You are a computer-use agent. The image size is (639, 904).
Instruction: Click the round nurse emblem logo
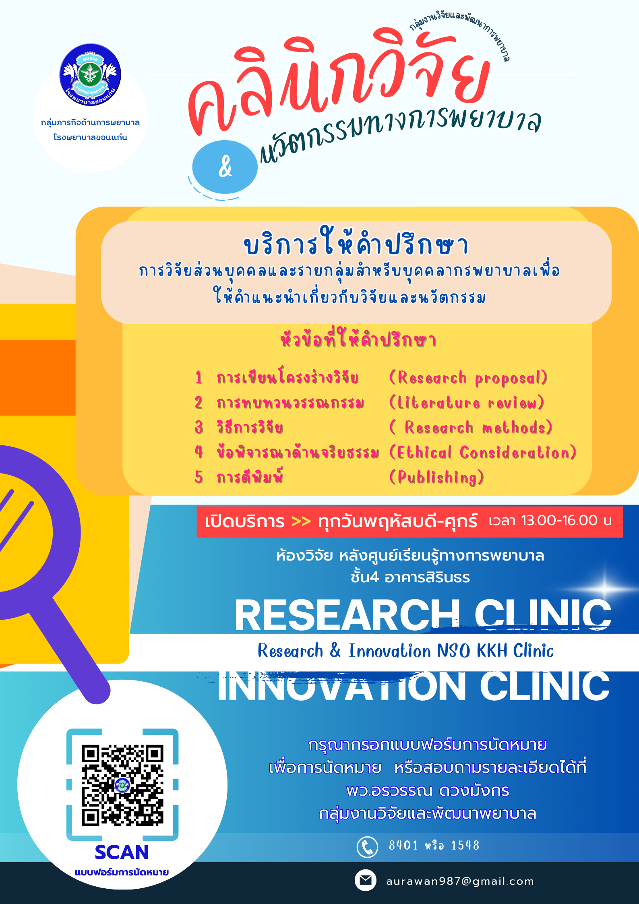point(90,75)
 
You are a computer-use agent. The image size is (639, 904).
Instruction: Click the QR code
point(122,785)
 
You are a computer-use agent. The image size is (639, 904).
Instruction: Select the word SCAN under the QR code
point(122,852)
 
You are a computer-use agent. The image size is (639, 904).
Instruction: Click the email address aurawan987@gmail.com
point(460,881)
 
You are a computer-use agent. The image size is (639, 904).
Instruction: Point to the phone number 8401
point(403,845)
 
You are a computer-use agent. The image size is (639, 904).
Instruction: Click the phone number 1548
point(465,845)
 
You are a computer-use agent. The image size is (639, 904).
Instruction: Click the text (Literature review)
point(467,403)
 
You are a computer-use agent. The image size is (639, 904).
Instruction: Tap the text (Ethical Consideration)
point(483,452)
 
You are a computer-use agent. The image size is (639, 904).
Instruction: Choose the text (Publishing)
point(436,477)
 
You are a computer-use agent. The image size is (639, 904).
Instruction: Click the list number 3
point(199,427)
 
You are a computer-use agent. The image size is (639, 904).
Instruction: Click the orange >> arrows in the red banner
point(301,521)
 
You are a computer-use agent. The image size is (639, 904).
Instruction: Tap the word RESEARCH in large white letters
point(347,615)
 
